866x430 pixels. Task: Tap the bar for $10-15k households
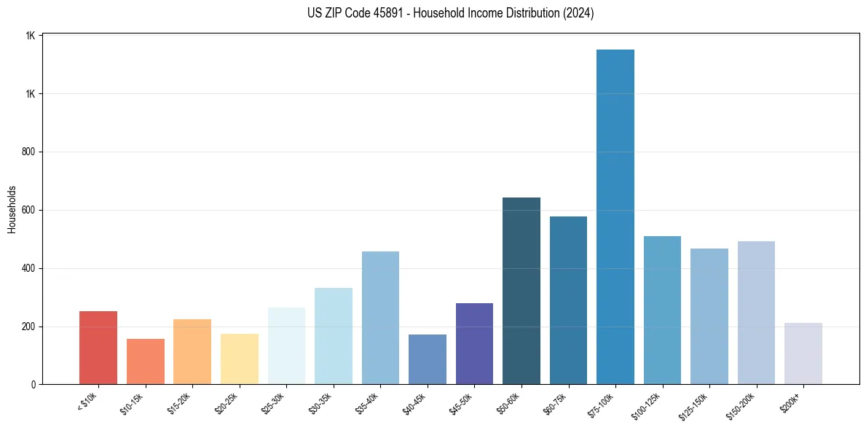pos(145,361)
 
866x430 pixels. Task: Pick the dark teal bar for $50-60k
pos(521,291)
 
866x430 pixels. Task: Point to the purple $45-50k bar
pos(474,343)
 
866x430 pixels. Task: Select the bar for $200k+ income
pos(803,353)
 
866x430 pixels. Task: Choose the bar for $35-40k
pos(380,318)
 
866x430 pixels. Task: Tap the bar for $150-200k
pos(756,313)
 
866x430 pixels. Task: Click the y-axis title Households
pos(12,209)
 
